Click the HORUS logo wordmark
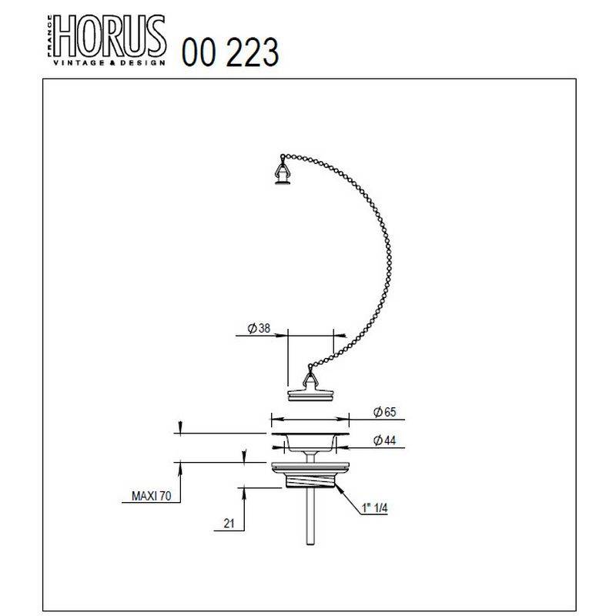(x=109, y=36)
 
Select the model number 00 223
(x=230, y=52)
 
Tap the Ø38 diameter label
(x=259, y=328)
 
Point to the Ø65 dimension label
(x=384, y=412)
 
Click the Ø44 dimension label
(x=384, y=440)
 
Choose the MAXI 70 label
(x=151, y=496)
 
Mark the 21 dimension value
(x=229, y=524)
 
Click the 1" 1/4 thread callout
(x=375, y=508)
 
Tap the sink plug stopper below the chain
(x=310, y=395)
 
